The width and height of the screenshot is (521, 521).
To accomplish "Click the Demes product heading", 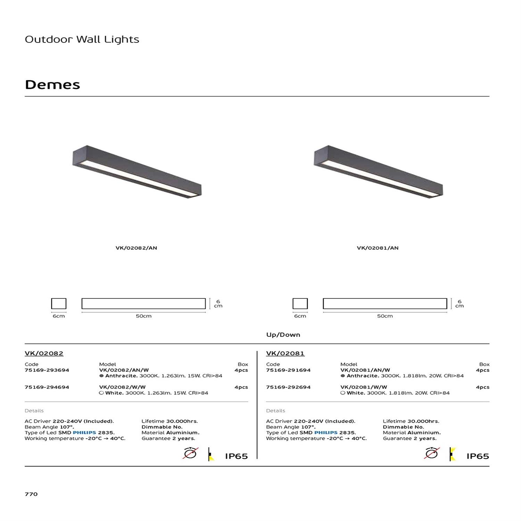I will (x=52, y=85).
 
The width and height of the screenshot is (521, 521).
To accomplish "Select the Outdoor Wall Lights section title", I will (x=82, y=39).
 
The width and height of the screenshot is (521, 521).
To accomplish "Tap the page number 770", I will (x=31, y=494).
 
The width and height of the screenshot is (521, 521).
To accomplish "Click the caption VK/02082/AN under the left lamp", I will (x=136, y=248).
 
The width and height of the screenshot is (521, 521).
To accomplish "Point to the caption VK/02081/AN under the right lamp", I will (x=378, y=248).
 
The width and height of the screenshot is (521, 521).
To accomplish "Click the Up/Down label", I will (x=283, y=335).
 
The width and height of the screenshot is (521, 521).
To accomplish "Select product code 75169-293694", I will (x=47, y=370).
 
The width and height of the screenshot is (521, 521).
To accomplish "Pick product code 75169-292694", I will (x=288, y=387).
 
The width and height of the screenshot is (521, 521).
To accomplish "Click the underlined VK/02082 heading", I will (x=44, y=354).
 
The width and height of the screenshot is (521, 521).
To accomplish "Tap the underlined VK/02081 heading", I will (x=285, y=354).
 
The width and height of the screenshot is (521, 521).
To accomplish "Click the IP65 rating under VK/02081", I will (x=478, y=456).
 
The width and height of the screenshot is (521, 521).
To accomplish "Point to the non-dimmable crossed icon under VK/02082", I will (x=190, y=453).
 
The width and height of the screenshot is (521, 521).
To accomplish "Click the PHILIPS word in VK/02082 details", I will (x=84, y=433).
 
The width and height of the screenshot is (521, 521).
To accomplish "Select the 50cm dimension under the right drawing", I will (x=385, y=316).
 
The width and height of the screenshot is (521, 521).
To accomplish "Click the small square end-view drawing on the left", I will (x=59, y=304).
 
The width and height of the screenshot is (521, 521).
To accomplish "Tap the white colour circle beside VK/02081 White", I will (x=343, y=393).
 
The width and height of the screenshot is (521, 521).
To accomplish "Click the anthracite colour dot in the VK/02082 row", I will (x=101, y=376).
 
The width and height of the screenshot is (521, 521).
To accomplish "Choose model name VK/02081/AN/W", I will (x=365, y=370).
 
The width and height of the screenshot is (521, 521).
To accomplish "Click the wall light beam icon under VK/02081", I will (x=452, y=454).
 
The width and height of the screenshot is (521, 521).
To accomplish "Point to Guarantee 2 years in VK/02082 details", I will (x=168, y=439).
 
